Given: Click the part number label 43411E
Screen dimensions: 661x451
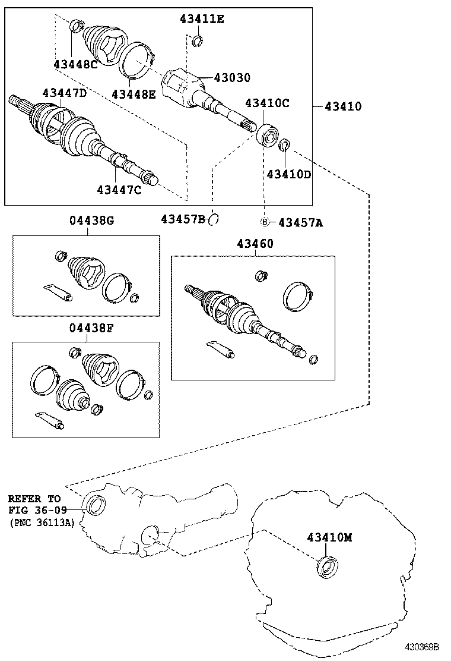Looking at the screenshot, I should click(202, 19).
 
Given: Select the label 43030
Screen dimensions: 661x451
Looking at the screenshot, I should click(232, 78).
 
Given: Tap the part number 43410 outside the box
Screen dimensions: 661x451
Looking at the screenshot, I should click(343, 106).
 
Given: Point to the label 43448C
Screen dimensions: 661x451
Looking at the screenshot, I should click(75, 64).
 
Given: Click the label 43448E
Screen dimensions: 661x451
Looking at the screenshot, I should click(134, 93).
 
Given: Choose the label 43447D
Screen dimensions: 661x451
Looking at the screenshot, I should click(64, 93).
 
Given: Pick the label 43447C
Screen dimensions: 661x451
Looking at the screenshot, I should click(119, 190).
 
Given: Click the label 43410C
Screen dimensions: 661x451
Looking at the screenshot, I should click(267, 103).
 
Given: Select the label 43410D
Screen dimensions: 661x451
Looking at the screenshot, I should click(289, 174).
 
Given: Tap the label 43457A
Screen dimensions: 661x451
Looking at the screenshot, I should click(300, 222).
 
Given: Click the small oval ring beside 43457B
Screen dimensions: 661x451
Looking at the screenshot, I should click(215, 219).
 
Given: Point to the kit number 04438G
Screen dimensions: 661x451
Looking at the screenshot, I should click(91, 221).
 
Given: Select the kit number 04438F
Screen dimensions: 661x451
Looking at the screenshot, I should click(91, 328).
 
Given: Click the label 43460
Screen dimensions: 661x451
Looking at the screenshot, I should click(256, 243).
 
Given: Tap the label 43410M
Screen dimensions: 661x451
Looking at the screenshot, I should click(329, 537).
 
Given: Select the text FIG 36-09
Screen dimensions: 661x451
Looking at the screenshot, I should click(37, 510).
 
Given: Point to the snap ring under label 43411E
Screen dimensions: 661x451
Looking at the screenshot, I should click(199, 40).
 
